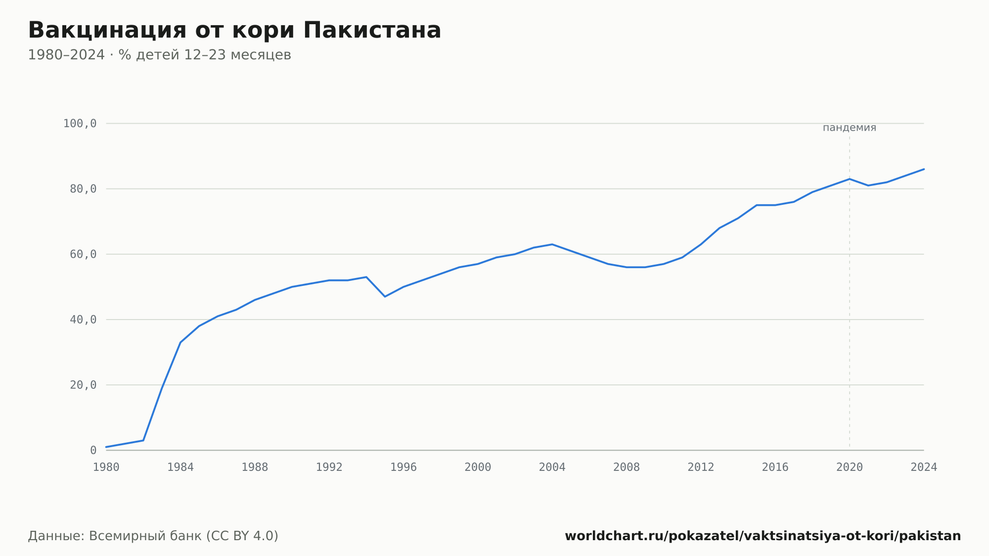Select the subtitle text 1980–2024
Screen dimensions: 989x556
coord(66,55)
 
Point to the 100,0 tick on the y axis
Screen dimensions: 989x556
coord(80,124)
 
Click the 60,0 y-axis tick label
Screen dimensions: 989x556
coord(83,254)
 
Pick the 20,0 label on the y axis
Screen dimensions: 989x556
coord(83,385)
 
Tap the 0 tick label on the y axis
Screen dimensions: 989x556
coord(93,450)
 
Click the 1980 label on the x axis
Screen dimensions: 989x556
coord(106,467)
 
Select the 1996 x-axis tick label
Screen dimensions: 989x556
coord(404,467)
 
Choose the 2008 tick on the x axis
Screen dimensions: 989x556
coord(627,467)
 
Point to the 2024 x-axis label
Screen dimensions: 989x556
coord(924,467)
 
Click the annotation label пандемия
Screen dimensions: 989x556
coord(850,128)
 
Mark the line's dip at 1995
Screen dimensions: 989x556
coord(385,296)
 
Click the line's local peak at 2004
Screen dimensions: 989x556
coord(552,244)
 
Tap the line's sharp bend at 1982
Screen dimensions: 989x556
coord(143,440)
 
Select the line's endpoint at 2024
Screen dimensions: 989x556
coord(924,169)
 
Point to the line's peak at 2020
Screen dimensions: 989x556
coord(850,179)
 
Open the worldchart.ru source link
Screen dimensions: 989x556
coord(763,536)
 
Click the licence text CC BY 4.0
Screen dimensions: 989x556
coord(242,536)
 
